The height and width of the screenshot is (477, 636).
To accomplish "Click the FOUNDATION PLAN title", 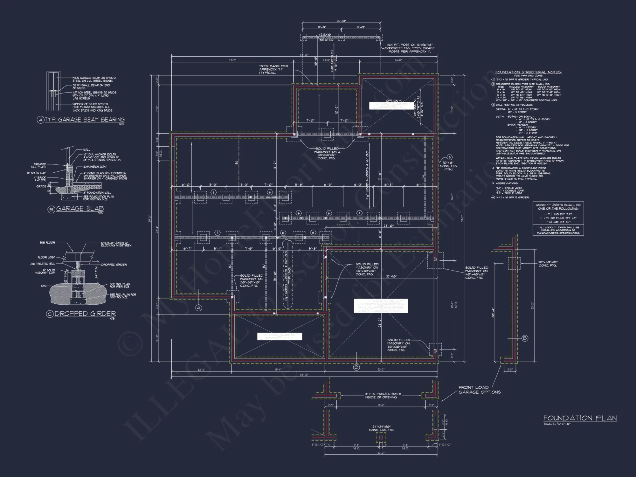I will pos(580,418).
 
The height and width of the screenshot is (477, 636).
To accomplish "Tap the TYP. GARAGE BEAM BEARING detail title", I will pos(85,120).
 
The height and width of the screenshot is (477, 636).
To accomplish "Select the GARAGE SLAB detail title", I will pos(80,209).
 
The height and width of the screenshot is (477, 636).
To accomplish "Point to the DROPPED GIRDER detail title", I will pos(85,314).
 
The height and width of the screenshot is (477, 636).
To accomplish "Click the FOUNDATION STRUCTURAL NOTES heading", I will pos(528,72).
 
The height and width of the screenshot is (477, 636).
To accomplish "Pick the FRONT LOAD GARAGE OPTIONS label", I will pos(479,390).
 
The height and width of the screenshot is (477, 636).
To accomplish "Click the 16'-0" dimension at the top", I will pos(342,21).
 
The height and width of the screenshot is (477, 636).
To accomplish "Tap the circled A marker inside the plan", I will pos(199,308).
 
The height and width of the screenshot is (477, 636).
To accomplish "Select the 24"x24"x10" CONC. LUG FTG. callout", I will pos(381,428).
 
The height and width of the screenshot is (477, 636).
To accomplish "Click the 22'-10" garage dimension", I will pos(391,276).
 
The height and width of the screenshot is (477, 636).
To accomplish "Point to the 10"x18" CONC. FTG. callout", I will pos(449,166).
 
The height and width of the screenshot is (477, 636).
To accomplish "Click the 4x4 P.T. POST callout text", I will pos(410,48).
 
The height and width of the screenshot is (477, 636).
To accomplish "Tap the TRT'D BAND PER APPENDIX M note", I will pos(273,69).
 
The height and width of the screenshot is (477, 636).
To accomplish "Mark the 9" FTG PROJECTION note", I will pos(381,395).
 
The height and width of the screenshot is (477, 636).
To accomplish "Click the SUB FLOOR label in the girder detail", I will pos(47,243).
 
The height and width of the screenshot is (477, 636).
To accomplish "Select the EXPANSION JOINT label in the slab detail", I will pos(95,167).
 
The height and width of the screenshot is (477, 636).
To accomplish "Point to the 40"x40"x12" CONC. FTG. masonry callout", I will pos(476,273).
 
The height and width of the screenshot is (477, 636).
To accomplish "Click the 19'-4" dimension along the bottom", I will pos(278,370).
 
